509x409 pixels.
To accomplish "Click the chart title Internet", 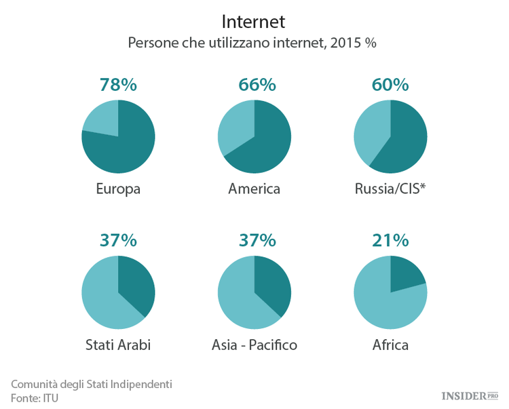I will click(x=253, y=22).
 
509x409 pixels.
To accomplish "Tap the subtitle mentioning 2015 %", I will click(x=252, y=43).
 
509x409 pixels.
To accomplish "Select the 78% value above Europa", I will click(x=118, y=85).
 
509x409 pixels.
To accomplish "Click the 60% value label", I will click(x=390, y=85).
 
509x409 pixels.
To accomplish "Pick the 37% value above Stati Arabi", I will click(x=118, y=240).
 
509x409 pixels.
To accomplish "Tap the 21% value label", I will click(x=390, y=240).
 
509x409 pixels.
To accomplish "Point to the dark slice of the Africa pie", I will click(x=405, y=275).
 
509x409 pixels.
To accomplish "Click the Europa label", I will click(x=118, y=189).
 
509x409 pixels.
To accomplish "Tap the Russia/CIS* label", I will click(x=390, y=189).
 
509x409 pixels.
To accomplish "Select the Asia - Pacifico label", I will click(x=254, y=345).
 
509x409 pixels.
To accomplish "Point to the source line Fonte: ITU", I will click(x=35, y=398).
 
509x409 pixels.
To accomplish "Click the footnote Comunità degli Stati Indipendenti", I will click(x=92, y=384).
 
